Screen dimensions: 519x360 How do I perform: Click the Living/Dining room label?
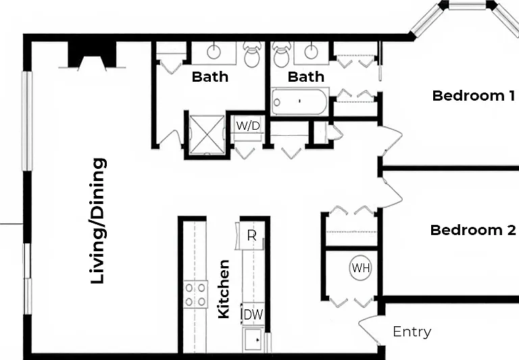pos(99,221)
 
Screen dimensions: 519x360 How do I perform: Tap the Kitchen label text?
pos(224,289)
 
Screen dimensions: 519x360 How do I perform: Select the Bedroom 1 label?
pos(474,96)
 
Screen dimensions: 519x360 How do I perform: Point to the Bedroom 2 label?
pos(473,230)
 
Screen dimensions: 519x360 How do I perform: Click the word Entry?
pos(412,332)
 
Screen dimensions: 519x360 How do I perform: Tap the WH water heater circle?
pos(360,267)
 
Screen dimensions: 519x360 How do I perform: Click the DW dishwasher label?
pos(253,314)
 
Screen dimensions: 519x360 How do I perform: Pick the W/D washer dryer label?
pos(248,126)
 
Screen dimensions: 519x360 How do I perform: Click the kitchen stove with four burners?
pos(196,294)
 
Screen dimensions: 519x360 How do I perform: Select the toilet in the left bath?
pos(252,54)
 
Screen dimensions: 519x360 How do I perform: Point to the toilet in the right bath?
pos(282,54)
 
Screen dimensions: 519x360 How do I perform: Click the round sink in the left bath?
pos(214,52)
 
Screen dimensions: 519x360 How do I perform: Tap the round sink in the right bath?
pos(311,52)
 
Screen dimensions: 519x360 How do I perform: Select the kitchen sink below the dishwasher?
pos(253,340)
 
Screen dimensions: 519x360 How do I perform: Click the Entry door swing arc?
pos(368,329)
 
